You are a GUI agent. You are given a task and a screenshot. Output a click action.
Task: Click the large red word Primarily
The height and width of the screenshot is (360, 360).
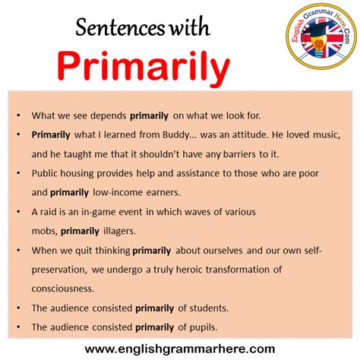click(144, 69)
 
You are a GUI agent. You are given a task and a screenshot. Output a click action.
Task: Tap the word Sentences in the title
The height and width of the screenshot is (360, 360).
click(116, 31)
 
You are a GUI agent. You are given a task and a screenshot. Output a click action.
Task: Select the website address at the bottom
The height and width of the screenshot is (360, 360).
click(180, 349)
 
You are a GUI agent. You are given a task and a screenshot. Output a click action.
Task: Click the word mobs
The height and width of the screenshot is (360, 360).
click(44, 231)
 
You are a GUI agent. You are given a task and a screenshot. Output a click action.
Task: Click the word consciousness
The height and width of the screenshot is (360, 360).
click(63, 289)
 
